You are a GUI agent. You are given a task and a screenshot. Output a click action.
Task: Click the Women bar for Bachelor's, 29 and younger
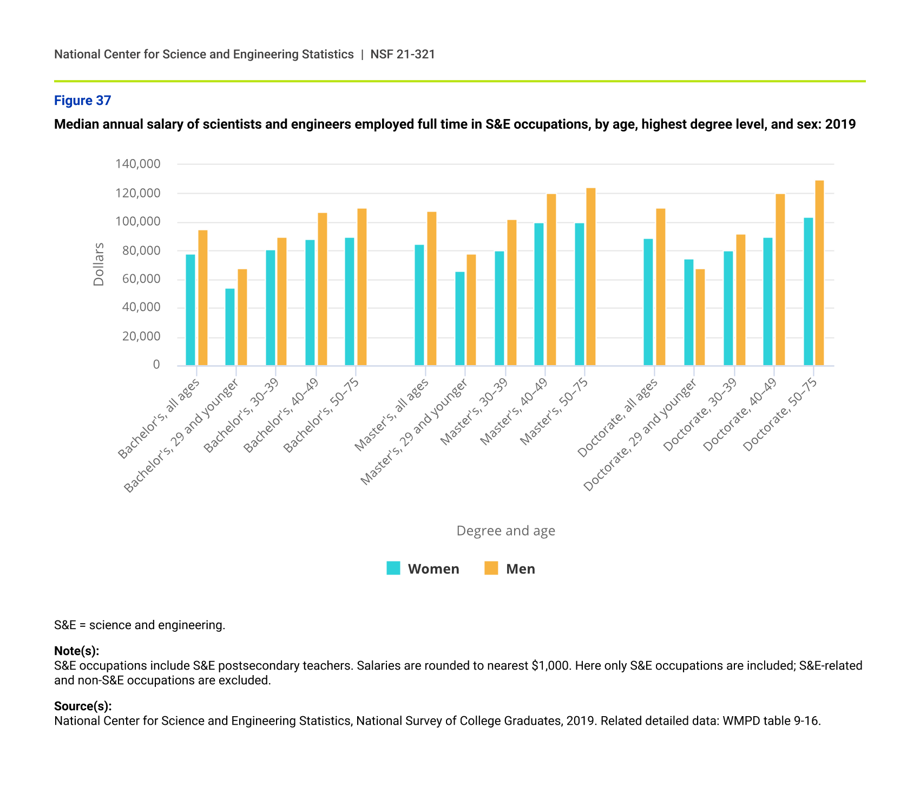click(x=230, y=327)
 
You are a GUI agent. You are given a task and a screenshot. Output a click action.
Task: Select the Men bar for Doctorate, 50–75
click(x=819, y=273)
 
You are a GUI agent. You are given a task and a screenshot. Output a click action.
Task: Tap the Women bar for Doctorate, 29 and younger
click(x=688, y=312)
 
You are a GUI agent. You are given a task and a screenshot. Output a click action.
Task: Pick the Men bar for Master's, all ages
click(x=432, y=288)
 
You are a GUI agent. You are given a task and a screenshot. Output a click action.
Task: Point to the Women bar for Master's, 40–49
click(x=539, y=294)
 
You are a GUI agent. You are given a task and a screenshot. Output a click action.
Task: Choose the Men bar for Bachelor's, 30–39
click(x=282, y=301)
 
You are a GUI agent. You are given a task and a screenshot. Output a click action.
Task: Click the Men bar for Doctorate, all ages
click(x=661, y=287)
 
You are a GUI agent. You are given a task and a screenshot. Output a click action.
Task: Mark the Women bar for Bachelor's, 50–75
click(x=350, y=301)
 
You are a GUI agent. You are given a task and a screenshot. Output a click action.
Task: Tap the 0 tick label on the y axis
click(x=156, y=365)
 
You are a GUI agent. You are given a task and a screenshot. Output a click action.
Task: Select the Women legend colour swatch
click(x=393, y=568)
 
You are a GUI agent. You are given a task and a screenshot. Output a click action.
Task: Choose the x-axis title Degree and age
click(x=505, y=531)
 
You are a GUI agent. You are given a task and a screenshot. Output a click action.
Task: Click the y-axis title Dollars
click(x=98, y=264)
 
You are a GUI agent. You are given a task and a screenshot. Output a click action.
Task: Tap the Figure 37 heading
click(x=82, y=101)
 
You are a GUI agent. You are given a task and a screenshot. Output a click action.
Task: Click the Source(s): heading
click(x=83, y=706)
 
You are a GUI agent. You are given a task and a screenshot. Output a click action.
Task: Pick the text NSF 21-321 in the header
click(x=403, y=54)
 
